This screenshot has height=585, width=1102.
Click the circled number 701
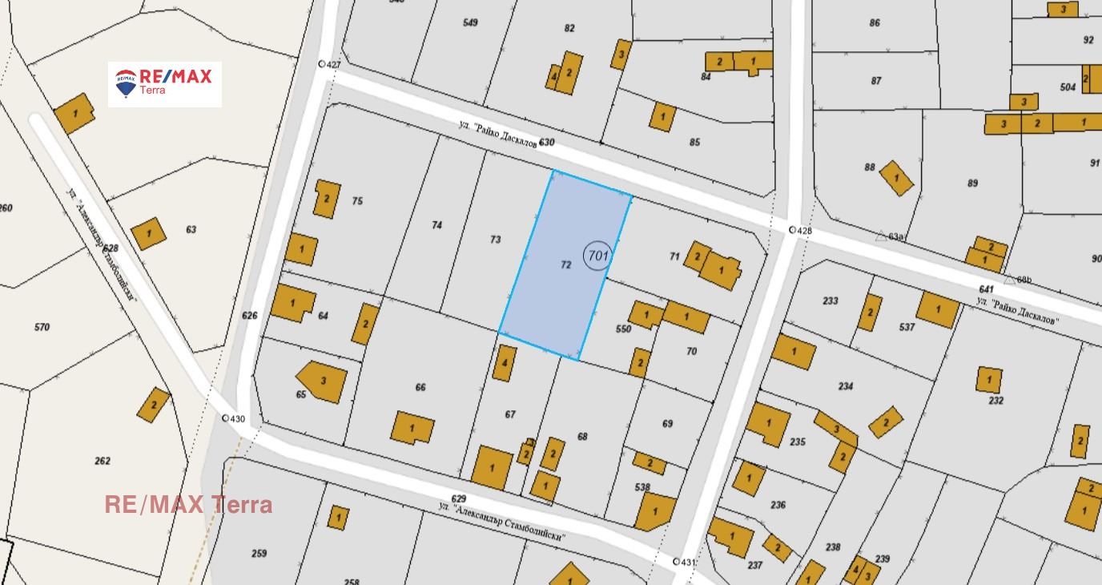[597, 256]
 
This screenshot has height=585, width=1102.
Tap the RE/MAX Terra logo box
[165, 84]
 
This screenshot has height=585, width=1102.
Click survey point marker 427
[323, 65]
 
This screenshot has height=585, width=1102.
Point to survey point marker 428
[793, 230]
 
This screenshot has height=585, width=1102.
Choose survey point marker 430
[227, 418]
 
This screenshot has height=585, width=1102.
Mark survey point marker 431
[676, 562]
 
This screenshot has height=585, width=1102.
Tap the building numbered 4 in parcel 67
[505, 363]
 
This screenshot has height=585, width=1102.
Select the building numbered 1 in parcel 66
[412, 428]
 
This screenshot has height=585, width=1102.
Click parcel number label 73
[496, 240]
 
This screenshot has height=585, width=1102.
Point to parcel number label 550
[624, 329]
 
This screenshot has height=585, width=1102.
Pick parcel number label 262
[103, 461]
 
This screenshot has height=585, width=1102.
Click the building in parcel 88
[897, 178]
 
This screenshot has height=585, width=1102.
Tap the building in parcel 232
[990, 379]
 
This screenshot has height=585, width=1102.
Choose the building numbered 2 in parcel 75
[327, 199]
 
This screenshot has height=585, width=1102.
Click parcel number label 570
[42, 327]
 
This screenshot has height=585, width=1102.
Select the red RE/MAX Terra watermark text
[189, 505]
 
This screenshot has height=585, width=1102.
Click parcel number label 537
[907, 327]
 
